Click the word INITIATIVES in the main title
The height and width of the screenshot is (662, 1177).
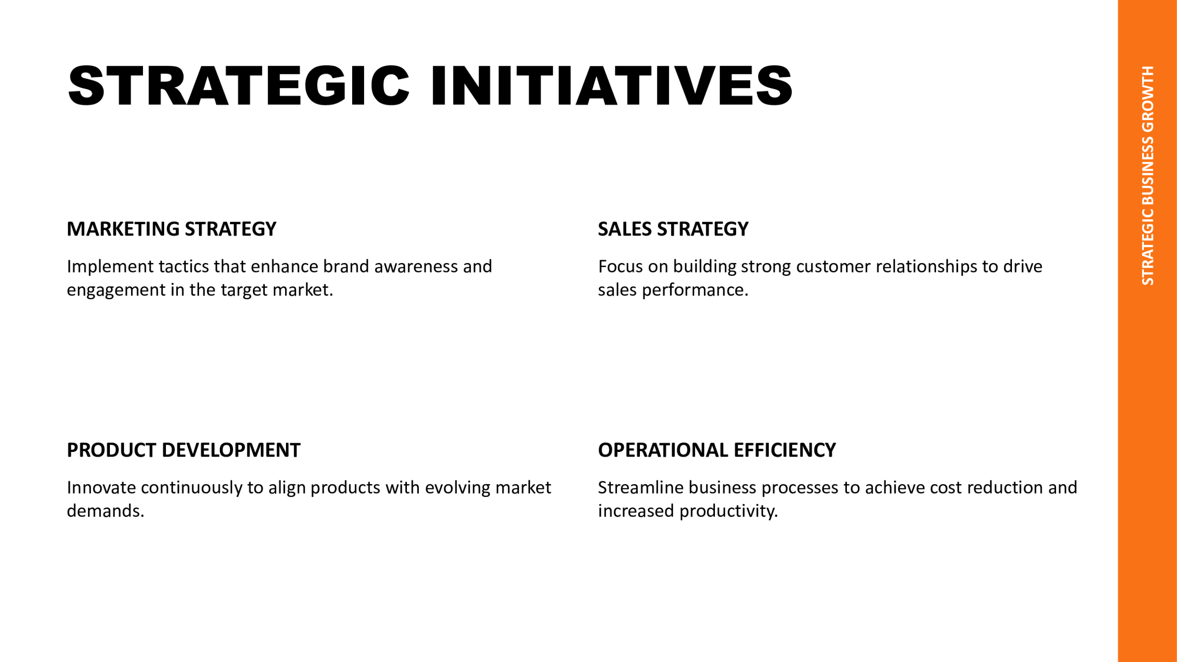pos(611,86)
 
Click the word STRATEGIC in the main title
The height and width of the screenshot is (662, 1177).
pos(239,86)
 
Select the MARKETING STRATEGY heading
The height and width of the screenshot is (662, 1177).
pos(171,229)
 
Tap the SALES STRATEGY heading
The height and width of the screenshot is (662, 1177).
pos(673,229)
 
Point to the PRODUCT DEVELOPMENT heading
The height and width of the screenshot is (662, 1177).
pos(183,450)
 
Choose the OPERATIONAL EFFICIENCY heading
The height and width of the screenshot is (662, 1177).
pos(717,450)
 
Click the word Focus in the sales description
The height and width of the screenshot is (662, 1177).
pos(621,267)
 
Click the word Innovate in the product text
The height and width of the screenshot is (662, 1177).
pos(102,488)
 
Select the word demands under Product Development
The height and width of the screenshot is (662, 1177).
pos(106,511)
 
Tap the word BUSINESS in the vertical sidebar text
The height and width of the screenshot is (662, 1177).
pos(1148,171)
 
